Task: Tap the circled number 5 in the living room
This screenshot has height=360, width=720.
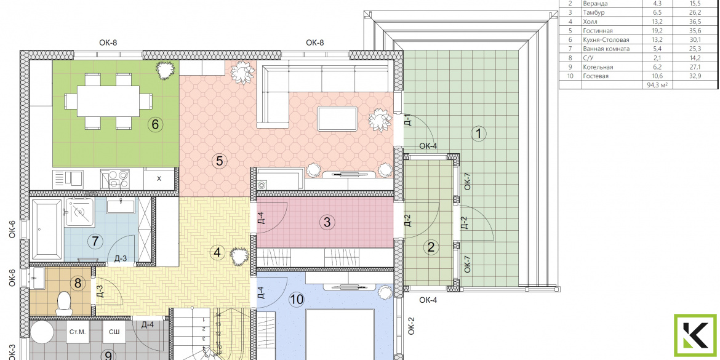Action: click(x=219, y=161)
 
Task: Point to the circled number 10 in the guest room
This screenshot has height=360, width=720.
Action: click(x=297, y=300)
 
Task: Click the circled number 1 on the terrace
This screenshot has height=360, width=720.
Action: click(x=479, y=134)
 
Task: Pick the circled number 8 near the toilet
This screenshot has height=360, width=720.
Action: click(x=78, y=283)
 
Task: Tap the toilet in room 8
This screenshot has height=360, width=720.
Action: click(x=63, y=303)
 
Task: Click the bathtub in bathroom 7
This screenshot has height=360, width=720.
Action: click(x=46, y=230)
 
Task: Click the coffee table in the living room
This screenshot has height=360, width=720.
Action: click(x=338, y=119)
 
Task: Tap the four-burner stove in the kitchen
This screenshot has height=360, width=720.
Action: click(x=115, y=179)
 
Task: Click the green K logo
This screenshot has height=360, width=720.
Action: click(x=695, y=335)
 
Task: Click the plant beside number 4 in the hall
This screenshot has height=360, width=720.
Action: click(x=239, y=256)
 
